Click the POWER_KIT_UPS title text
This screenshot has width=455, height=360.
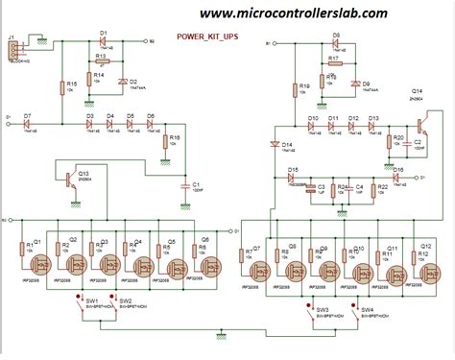click(x=212, y=37)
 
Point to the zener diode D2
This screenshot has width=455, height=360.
click(x=122, y=82)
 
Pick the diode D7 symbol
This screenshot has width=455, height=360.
click(x=28, y=124)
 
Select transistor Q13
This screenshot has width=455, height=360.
click(x=69, y=179)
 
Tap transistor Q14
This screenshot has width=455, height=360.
click(x=420, y=124)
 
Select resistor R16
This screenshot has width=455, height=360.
click(x=163, y=145)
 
